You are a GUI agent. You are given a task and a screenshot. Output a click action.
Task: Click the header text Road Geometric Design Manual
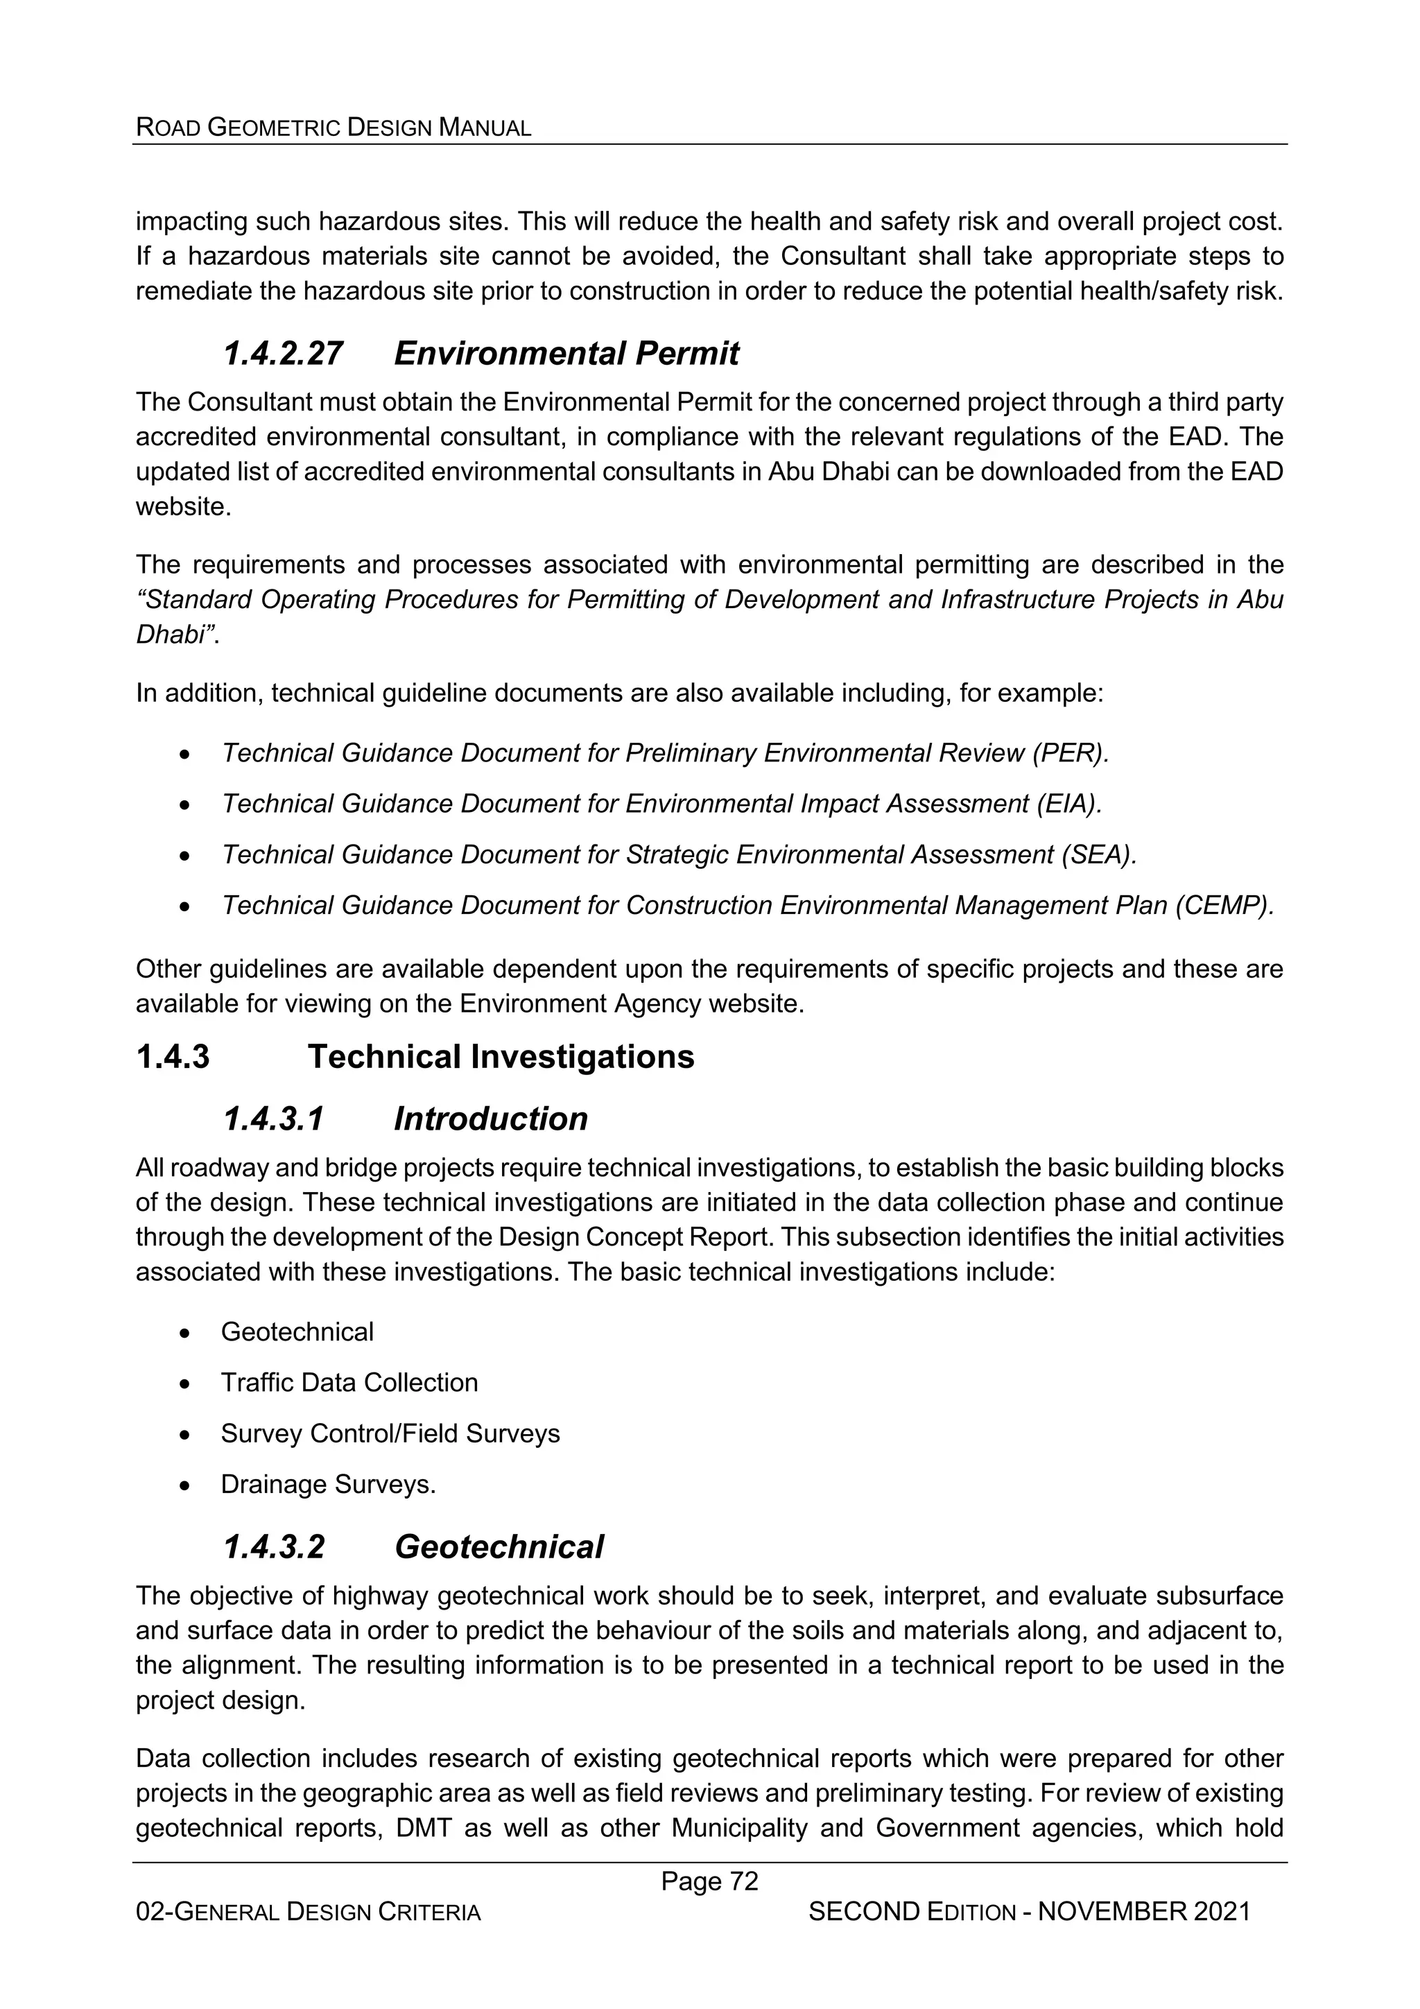pos(334,128)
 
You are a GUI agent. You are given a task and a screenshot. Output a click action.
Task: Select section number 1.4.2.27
pos(283,354)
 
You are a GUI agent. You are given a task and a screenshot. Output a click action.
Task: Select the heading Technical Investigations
pos(501,1057)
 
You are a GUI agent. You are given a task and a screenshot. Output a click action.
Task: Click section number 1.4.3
pos(173,1057)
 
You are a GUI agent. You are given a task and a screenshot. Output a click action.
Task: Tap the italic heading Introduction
pos(491,1119)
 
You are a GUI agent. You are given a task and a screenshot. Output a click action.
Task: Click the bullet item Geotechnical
pos(297,1331)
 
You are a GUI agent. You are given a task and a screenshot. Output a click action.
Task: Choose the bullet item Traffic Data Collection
pos(349,1383)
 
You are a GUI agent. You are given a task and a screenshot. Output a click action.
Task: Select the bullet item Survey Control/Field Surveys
pos(390,1433)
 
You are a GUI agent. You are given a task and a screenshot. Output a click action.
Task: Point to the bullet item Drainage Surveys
pos(328,1484)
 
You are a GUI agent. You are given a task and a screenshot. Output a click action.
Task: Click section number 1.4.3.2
pos(274,1547)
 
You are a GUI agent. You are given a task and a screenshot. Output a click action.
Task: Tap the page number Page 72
pos(709,1881)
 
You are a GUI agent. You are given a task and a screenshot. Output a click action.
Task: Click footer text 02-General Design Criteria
pos(308,1913)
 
